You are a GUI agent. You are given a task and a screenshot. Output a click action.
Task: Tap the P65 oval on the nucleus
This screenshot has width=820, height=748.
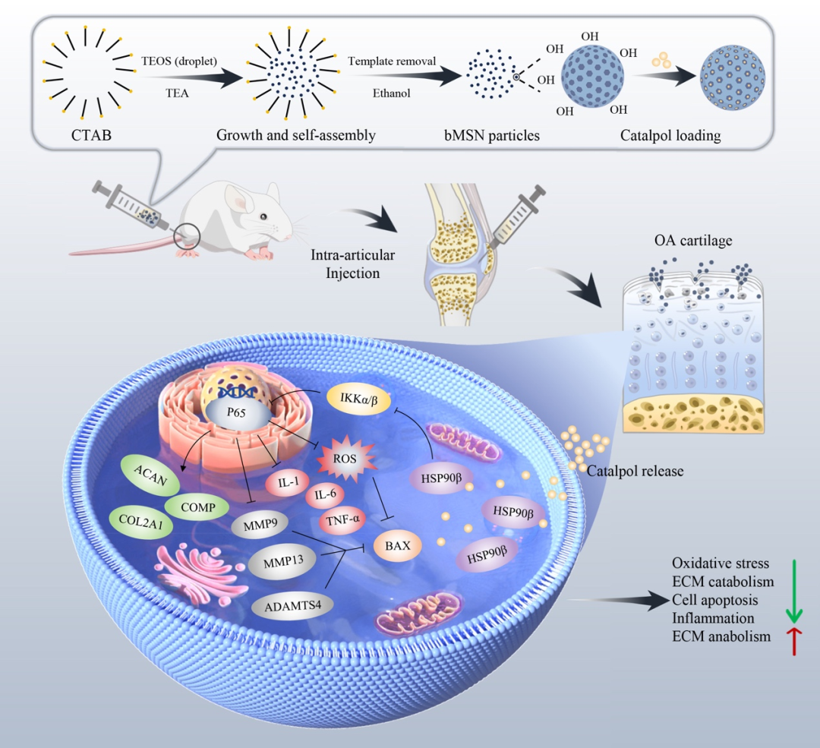coord(238,417)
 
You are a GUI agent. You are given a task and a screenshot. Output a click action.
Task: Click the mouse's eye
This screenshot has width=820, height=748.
coord(263,216)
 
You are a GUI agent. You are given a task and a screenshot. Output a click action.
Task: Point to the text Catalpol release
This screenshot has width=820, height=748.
coord(635,472)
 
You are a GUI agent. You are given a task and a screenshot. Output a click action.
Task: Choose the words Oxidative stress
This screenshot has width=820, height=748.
coord(721,563)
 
